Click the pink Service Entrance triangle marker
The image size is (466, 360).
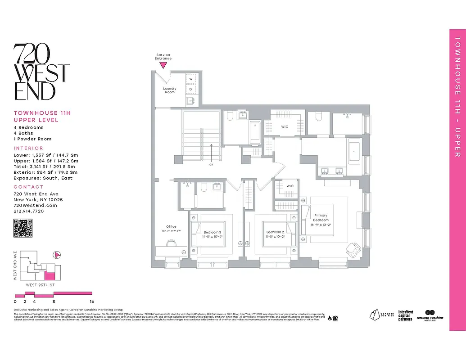(x=163, y=65)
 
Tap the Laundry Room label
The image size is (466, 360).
(x=170, y=90)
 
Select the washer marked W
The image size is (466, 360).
(x=191, y=79)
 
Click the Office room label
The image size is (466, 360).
(x=171, y=229)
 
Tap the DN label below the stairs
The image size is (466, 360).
(x=211, y=165)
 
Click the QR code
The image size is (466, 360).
(x=23, y=228)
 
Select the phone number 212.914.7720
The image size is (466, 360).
(x=29, y=211)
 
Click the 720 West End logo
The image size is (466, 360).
(x=41, y=72)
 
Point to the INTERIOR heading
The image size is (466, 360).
(x=28, y=148)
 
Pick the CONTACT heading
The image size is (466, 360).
(x=28, y=187)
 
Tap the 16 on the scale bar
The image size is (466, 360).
(x=91, y=301)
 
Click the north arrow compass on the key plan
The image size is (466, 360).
(x=57, y=255)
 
